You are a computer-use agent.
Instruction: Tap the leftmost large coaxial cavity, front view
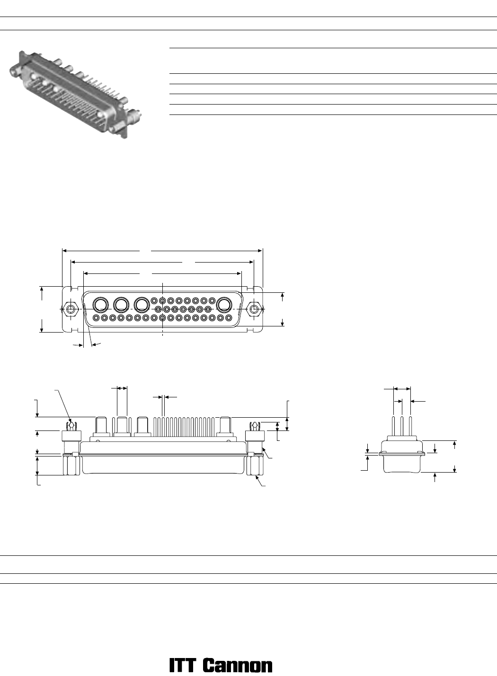pyautogui.click(x=100, y=305)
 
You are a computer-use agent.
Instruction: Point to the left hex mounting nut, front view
pyautogui.click(x=71, y=309)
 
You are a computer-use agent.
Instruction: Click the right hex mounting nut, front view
pyautogui.click(x=254, y=309)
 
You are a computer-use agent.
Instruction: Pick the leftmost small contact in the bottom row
pyautogui.click(x=96, y=318)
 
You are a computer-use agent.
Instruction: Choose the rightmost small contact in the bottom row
pyautogui.click(x=229, y=318)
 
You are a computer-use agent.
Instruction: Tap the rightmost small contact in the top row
pyautogui.click(x=212, y=300)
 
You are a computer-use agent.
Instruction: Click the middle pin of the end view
pyautogui.click(x=402, y=426)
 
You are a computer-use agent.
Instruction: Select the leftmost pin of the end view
pyautogui.click(x=394, y=426)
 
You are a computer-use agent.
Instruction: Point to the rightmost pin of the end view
pyautogui.click(x=410, y=426)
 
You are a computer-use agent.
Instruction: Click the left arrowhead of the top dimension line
pyautogui.click(x=64, y=250)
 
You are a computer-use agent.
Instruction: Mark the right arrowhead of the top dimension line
pyautogui.click(x=260, y=250)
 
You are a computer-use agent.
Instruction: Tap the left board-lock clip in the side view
pyautogui.click(x=71, y=426)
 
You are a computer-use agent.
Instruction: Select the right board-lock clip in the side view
pyautogui.click(x=255, y=426)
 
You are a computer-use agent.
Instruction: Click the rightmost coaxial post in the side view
pyautogui.click(x=225, y=427)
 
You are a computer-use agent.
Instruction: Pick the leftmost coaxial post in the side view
pyautogui.click(x=101, y=427)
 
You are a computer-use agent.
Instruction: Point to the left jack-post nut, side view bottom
pyautogui.click(x=71, y=465)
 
